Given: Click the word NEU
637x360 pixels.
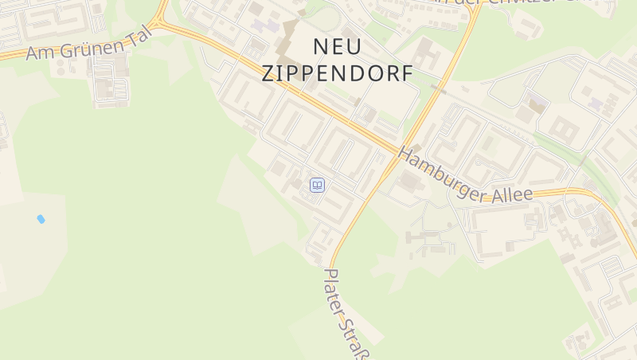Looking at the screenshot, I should point(338,46).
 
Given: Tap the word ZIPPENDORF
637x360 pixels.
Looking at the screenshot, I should point(338,74).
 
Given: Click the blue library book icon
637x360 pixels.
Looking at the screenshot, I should point(317,186).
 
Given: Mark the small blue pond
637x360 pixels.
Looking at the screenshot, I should point(41,218).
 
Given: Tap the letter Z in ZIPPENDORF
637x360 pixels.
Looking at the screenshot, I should point(269,74).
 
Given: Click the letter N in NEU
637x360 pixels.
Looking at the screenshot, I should point(320,46).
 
